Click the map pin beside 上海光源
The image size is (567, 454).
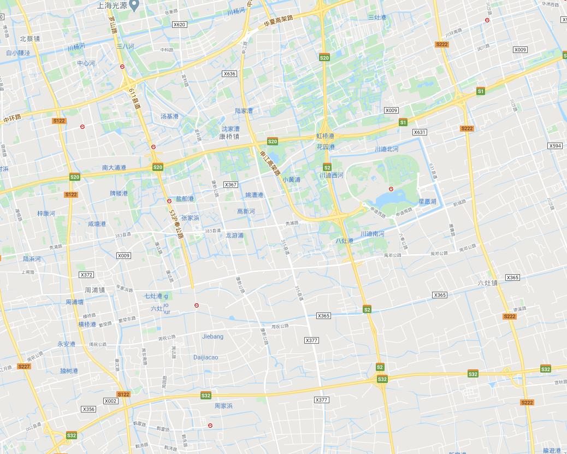tap(135, 5)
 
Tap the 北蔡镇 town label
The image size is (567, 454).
tap(29, 39)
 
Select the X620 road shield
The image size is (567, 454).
tap(179, 25)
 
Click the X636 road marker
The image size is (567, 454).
tap(229, 74)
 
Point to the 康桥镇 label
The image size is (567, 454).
tap(229, 137)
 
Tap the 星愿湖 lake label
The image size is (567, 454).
tap(427, 202)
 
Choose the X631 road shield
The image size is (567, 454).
tap(420, 132)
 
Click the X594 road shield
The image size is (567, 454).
tap(555, 146)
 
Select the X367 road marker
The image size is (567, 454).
tap(231, 185)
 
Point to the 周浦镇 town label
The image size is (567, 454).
tap(94, 290)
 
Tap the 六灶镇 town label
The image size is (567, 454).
tap(487, 283)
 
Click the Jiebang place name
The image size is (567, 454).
tap(212, 337)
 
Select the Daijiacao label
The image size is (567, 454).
tap(205, 357)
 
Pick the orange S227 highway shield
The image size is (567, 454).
tap(24, 367)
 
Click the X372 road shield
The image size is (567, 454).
tap(86, 275)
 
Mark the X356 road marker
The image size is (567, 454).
tap(88, 409)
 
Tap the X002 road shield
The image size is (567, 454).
tap(110, 401)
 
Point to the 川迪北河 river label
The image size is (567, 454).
tap(386, 149)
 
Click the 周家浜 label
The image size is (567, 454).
tap(223, 406)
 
